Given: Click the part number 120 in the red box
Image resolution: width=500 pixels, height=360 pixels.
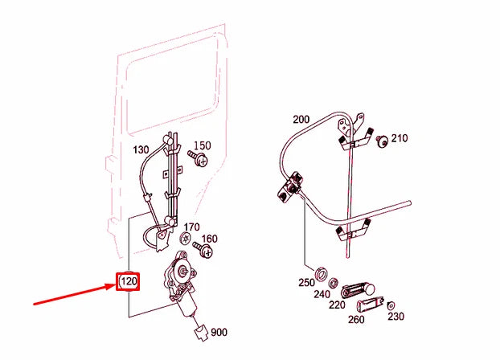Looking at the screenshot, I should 129,282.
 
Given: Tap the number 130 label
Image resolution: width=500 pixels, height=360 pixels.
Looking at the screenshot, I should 141,150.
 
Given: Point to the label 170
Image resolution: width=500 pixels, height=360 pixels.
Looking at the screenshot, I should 191,227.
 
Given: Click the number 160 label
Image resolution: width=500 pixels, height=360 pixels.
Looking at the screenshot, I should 209,239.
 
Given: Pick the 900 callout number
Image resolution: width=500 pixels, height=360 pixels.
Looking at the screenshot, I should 219,332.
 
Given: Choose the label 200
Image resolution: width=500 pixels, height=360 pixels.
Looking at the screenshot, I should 301,120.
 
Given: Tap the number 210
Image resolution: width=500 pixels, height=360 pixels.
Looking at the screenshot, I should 400,138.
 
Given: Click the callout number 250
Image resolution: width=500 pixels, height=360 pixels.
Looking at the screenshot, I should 305,283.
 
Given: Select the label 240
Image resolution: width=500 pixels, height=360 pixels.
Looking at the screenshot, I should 322,294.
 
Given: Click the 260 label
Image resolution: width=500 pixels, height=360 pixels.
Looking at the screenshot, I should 355,320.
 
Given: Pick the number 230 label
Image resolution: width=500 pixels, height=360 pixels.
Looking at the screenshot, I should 395,317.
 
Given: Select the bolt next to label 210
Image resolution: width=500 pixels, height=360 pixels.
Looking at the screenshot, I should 383,142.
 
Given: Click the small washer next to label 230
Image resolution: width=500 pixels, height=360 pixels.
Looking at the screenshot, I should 390,305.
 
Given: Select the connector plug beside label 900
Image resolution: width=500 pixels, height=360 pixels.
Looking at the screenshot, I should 202,331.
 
